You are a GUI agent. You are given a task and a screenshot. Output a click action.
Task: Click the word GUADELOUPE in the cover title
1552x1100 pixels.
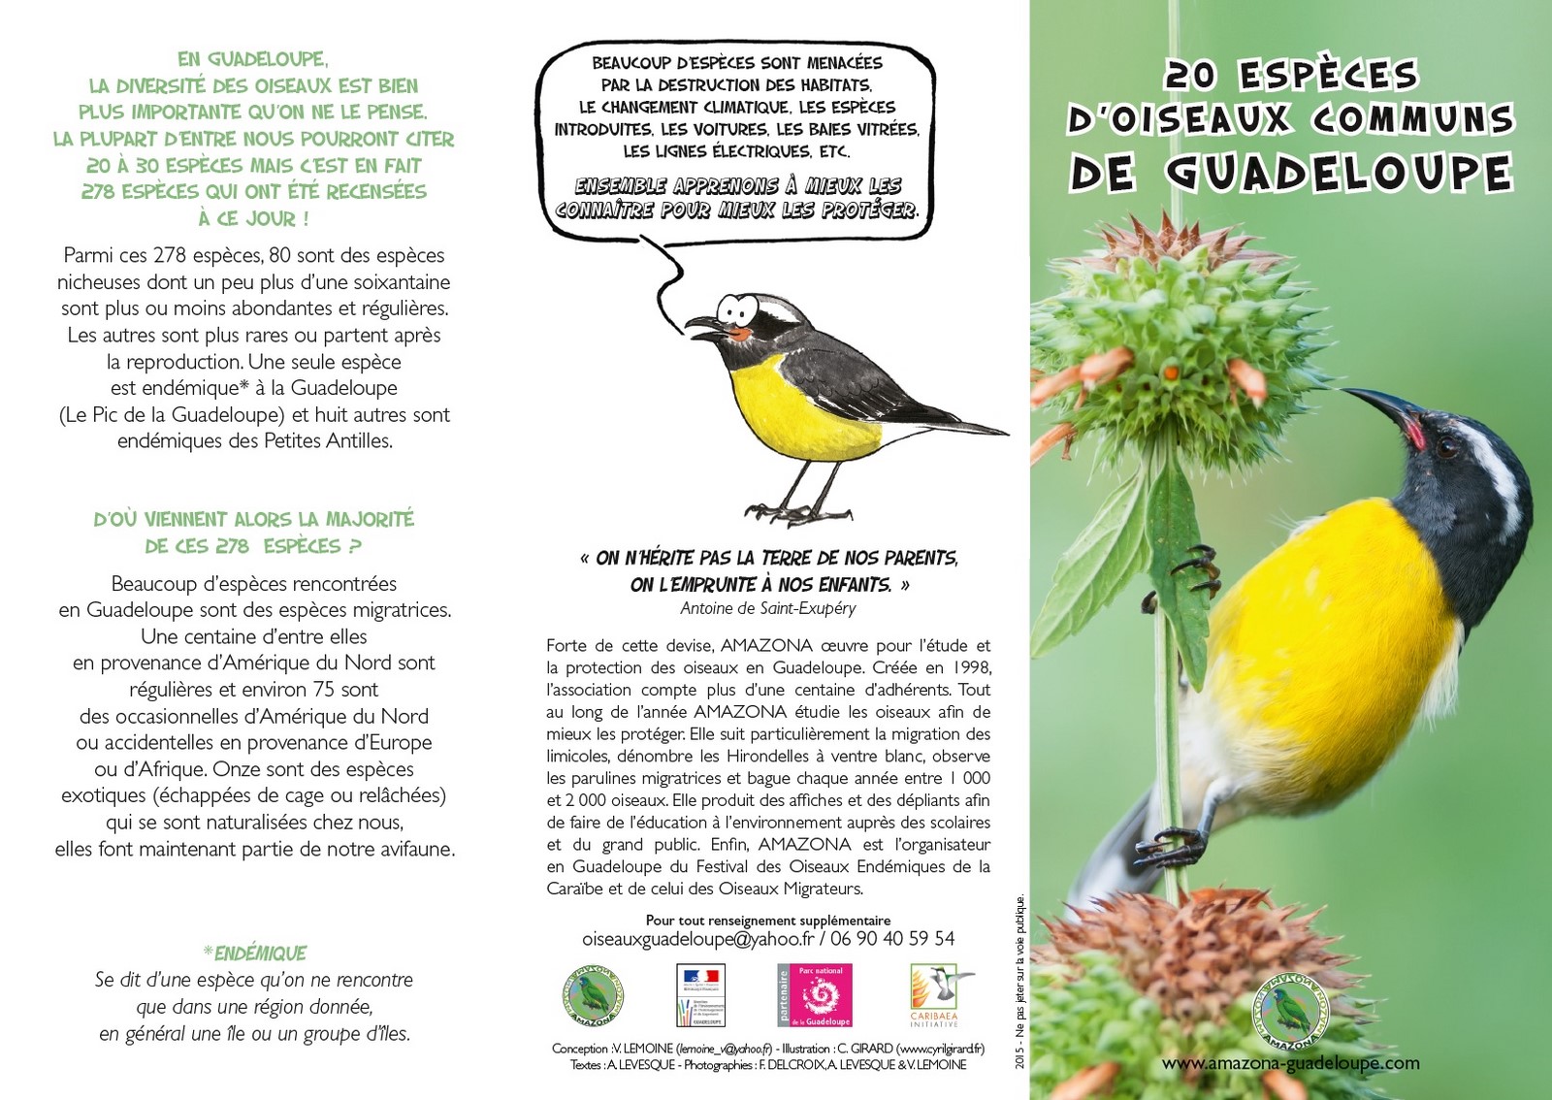pos(1339,173)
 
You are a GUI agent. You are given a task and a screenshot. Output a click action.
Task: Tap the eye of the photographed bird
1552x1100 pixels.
pos(1446,447)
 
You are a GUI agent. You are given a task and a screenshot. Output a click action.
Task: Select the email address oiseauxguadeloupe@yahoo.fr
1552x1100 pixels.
pos(697,939)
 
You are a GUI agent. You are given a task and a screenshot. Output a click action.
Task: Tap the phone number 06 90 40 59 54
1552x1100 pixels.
pos(892,939)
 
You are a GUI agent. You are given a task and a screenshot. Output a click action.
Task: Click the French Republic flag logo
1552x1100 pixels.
pos(700,995)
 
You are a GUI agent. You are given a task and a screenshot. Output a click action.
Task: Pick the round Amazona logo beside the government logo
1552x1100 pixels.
pos(593,996)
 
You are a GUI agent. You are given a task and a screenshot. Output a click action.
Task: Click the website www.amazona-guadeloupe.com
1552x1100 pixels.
pos(1290,1063)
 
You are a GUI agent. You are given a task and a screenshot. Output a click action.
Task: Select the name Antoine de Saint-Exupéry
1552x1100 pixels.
pos(768,608)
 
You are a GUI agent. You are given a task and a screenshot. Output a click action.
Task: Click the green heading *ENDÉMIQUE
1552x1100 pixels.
pos(255,954)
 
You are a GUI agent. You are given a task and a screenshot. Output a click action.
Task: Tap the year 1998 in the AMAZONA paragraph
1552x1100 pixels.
pos(971,667)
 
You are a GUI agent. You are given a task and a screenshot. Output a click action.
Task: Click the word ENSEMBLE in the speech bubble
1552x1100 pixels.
pos(620,185)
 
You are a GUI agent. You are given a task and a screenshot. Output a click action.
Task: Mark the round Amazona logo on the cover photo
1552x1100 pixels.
pos(1290,1013)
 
